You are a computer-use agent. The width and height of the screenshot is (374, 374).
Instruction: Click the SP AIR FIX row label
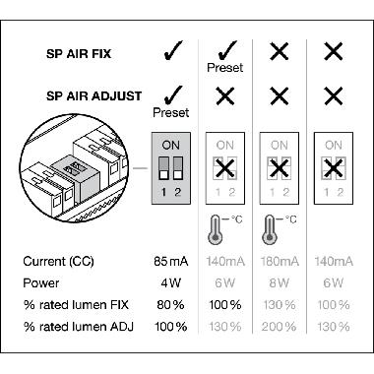click(x=93, y=51)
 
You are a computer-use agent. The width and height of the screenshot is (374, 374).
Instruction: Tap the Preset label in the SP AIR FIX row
click(x=225, y=68)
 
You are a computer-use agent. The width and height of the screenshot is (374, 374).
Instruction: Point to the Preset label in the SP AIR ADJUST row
click(x=170, y=112)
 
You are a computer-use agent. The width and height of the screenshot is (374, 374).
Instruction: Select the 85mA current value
click(x=172, y=262)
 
